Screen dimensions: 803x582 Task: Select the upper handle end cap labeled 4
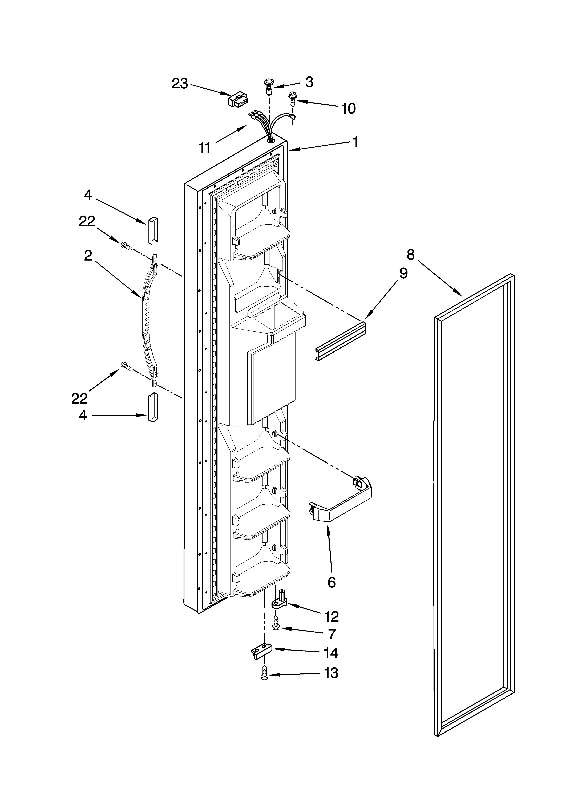(152, 230)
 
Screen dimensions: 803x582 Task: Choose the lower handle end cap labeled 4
(152, 407)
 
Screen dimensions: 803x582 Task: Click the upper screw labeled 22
(126, 246)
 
